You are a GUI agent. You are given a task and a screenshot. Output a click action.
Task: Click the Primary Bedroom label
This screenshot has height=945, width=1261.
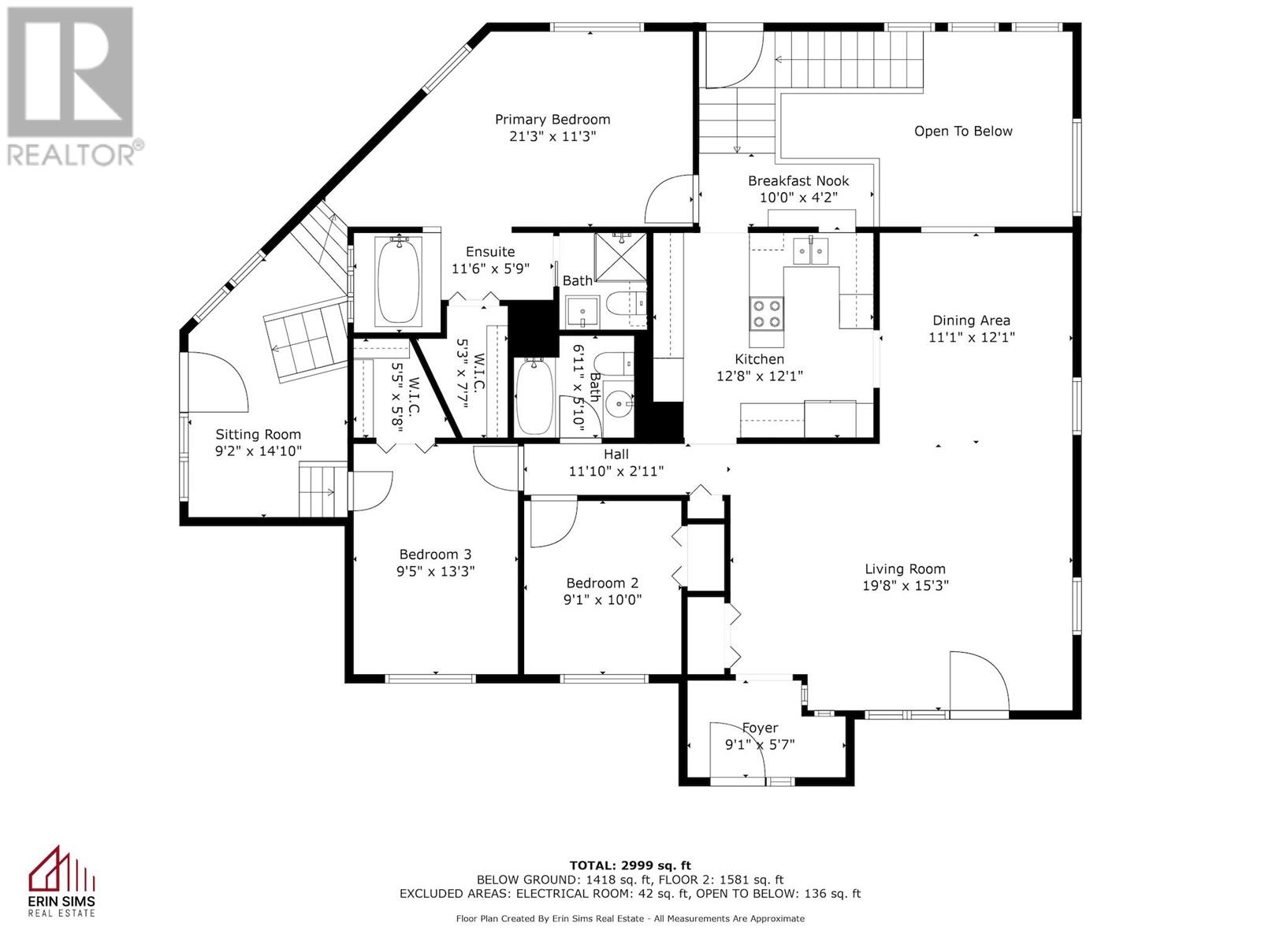pos(552,120)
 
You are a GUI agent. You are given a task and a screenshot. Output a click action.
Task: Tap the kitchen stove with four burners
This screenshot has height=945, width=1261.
pos(766,313)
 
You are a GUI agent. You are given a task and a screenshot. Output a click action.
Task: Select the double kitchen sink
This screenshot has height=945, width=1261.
pos(811,250)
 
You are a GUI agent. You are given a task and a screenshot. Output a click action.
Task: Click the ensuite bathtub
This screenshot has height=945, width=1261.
pos(398,281)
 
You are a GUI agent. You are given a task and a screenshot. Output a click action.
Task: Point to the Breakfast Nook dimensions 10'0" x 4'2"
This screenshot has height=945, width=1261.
pos(798,198)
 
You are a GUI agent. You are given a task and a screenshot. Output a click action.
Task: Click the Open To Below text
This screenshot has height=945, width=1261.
pos(963,132)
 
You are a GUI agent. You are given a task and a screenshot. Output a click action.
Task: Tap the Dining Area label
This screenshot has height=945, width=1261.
pos(971,321)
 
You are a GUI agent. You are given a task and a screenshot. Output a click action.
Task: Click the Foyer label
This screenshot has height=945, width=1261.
pos(760,728)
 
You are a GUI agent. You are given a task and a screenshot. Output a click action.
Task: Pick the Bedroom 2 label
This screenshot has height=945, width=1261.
pos(602,583)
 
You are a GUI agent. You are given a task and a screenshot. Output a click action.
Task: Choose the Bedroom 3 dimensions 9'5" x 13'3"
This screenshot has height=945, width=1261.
pos(436,572)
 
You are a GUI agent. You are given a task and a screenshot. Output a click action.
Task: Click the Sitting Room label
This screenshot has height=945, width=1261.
pos(258,435)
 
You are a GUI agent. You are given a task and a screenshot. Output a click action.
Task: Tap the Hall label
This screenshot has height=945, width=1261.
pos(616,454)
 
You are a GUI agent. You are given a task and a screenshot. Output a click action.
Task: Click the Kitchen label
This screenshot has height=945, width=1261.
pos(759,359)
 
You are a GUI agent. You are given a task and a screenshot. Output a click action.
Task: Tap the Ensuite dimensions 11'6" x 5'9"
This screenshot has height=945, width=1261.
pos(490,269)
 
